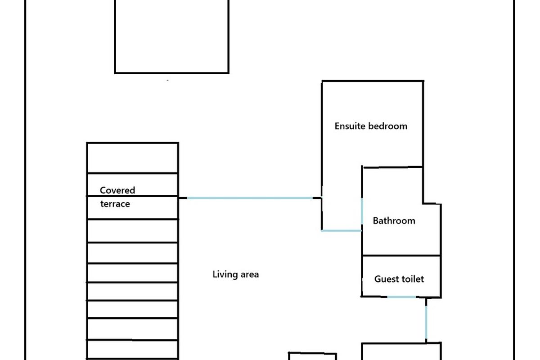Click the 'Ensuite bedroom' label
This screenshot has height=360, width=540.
click(x=371, y=126)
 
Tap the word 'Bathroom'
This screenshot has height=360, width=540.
click(x=394, y=221)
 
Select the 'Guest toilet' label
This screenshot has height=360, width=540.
click(x=399, y=279)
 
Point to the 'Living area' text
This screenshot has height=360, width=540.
click(x=235, y=274)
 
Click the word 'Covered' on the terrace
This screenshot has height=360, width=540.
click(x=117, y=190)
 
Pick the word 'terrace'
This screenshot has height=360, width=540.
click(x=115, y=204)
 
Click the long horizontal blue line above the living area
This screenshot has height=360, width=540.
click(x=250, y=198)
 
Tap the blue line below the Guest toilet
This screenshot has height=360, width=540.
click(x=401, y=297)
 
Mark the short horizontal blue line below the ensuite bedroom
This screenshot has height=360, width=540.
click(x=341, y=231)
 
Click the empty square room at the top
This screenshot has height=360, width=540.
click(x=171, y=36)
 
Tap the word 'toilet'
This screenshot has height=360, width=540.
click(x=412, y=279)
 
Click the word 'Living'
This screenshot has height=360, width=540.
click(x=224, y=274)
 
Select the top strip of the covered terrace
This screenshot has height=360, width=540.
click(x=132, y=158)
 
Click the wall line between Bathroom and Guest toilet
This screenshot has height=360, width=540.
click(x=401, y=256)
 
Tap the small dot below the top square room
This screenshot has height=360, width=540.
click(x=168, y=81)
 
